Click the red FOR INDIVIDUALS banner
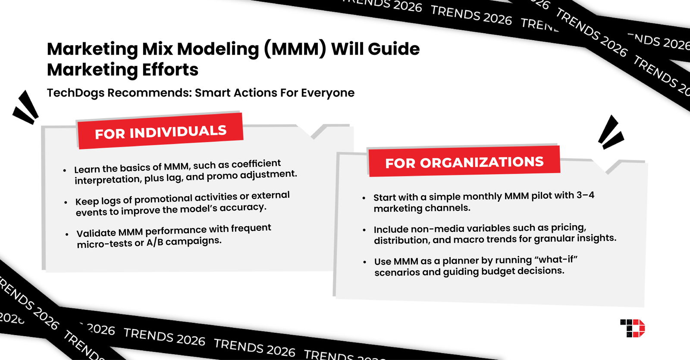[160, 131]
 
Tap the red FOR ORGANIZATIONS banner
[464, 162]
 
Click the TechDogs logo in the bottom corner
[632, 328]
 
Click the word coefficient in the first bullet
[256, 164]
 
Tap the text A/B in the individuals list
[154, 242]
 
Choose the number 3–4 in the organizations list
[585, 195]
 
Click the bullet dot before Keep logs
[66, 202]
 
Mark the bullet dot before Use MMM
[365, 262]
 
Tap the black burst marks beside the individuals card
[25, 107]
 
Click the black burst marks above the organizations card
[611, 132]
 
